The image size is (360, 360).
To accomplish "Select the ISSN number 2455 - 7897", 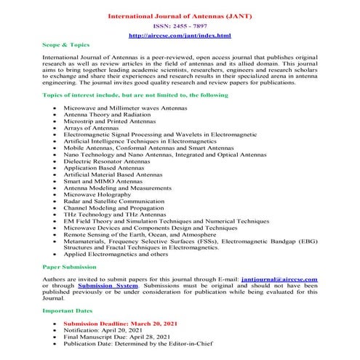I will pos(180,25).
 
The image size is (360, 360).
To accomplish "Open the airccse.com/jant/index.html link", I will pos(180,35).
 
